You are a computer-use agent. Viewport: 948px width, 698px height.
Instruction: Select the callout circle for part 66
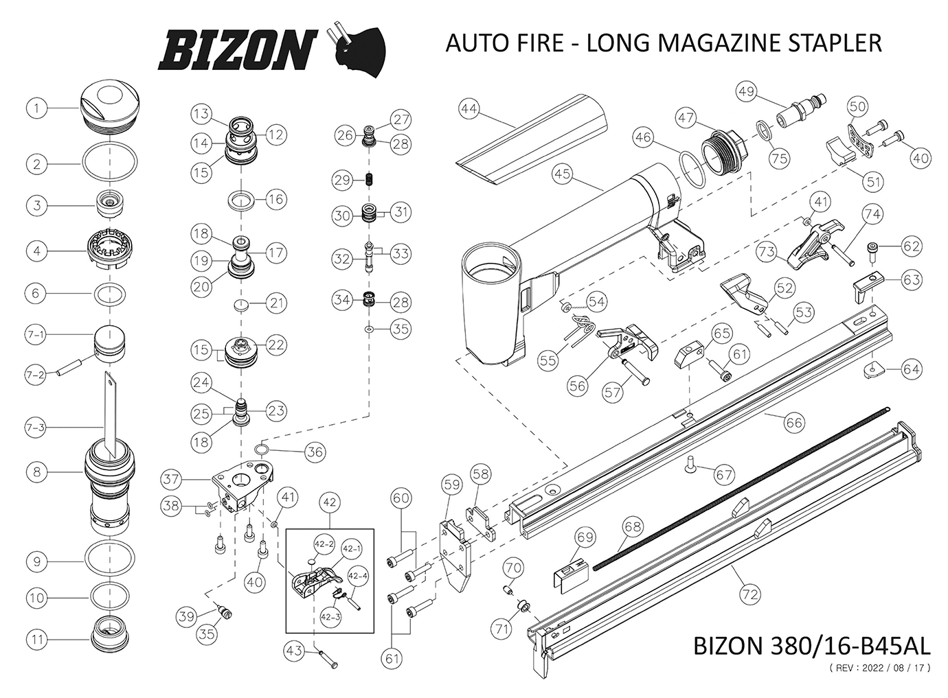click(794, 423)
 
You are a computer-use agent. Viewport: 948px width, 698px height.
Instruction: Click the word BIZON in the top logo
click(236, 51)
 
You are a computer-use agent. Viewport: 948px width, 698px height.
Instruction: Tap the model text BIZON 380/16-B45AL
click(813, 646)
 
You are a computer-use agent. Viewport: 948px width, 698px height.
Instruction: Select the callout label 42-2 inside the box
click(324, 544)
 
